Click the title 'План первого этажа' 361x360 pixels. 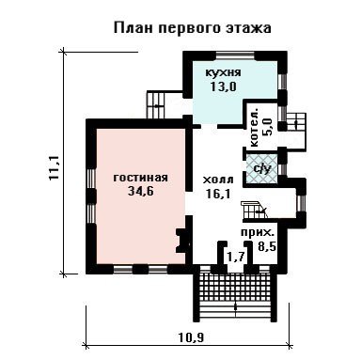click(x=192, y=28)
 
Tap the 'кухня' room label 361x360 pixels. click(x=223, y=72)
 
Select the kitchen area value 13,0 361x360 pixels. click(x=223, y=86)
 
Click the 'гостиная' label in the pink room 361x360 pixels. click(x=141, y=178)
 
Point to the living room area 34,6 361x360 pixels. click(x=141, y=191)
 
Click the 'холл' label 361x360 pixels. click(x=218, y=180)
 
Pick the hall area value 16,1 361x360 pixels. click(x=218, y=194)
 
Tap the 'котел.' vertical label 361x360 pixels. click(x=254, y=128)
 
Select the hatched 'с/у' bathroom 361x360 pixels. click(x=261, y=169)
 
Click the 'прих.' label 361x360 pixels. click(x=258, y=233)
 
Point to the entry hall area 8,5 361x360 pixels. click(x=267, y=246)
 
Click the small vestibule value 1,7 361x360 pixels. click(x=236, y=258)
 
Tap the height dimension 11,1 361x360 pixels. click(x=55, y=167)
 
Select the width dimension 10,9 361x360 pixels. click(x=191, y=337)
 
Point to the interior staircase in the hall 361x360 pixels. click(x=254, y=211)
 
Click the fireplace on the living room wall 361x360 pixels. click(x=183, y=241)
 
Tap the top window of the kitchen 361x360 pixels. click(x=235, y=56)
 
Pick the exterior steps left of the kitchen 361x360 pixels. click(x=156, y=104)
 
